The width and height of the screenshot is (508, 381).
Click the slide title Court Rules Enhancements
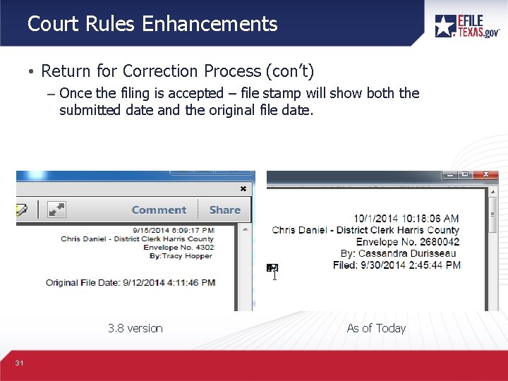[x=152, y=24]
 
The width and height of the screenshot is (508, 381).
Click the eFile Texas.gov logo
[x=467, y=25]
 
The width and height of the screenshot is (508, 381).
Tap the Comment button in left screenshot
[x=159, y=210]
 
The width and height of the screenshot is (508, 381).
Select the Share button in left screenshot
[x=224, y=210]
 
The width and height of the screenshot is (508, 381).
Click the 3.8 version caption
[x=135, y=328]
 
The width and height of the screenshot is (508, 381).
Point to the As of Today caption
[x=376, y=328]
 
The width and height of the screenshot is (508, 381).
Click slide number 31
[x=19, y=363]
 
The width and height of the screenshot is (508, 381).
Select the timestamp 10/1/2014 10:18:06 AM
[x=406, y=219]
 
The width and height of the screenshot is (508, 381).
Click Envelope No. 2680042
[x=408, y=241]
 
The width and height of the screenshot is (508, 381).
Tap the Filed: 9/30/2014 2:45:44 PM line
[x=397, y=265]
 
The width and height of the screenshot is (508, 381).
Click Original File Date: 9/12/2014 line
[x=131, y=282]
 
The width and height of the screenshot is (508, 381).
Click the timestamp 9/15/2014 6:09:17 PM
[x=174, y=230]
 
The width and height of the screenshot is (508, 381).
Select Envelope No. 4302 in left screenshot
[x=179, y=248]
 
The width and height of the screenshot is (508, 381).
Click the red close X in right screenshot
[x=485, y=174]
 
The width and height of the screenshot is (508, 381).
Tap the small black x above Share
[x=243, y=189]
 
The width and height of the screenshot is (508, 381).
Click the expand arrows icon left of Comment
[x=56, y=210]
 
